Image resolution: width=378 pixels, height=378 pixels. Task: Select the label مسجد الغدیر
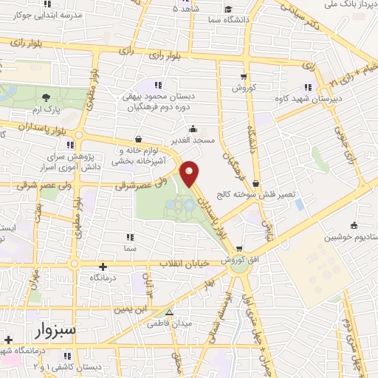[193, 140]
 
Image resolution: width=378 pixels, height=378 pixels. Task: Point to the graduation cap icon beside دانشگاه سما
[230, 12]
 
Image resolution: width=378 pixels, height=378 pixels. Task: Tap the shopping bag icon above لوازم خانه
[137, 138]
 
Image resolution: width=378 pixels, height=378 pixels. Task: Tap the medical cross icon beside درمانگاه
[102, 266]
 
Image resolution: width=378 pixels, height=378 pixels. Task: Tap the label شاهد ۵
[185, 9]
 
